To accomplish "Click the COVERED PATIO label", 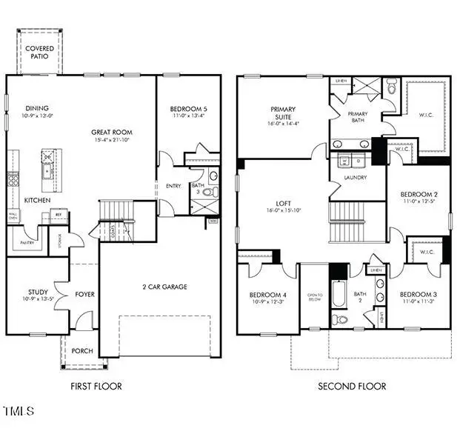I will pyautogui.click(x=39, y=53).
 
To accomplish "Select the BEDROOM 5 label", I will pyautogui.click(x=188, y=108).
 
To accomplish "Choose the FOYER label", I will pyautogui.click(x=84, y=294).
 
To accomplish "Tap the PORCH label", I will pyautogui.click(x=83, y=350).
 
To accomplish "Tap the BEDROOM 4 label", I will pyautogui.click(x=267, y=294).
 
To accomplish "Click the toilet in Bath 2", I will pyautogui.click(x=340, y=319).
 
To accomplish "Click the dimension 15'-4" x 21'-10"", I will pyautogui.click(x=112, y=141).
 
